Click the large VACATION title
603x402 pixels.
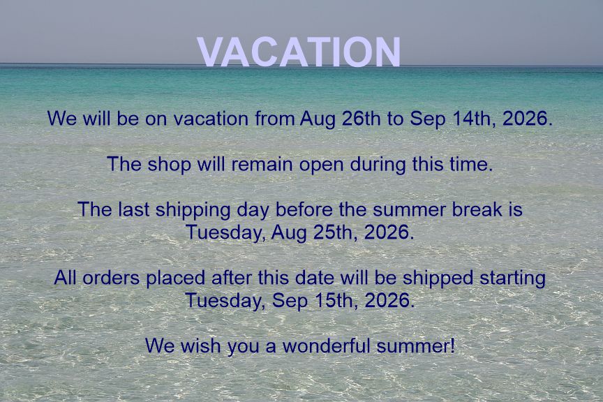click(299, 52)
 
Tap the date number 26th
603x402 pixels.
click(360, 118)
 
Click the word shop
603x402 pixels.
click(169, 164)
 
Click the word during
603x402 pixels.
click(378, 165)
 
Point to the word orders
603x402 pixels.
click(111, 278)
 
